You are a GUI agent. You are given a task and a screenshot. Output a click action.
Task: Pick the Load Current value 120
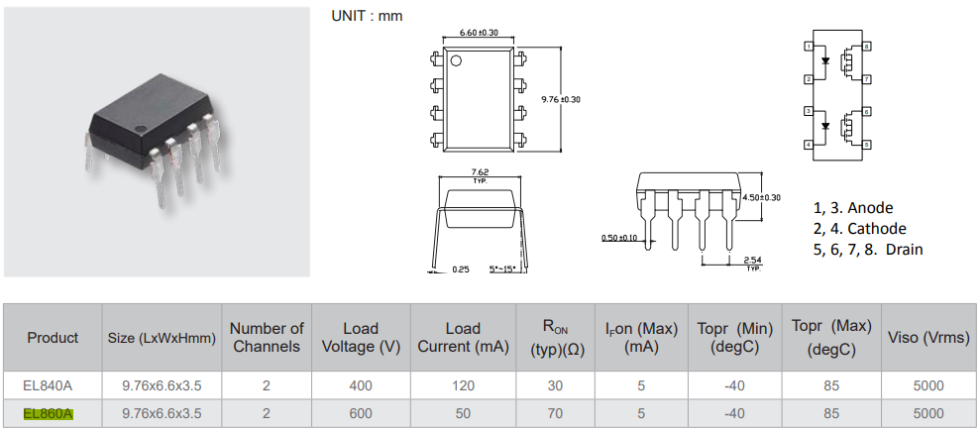462,385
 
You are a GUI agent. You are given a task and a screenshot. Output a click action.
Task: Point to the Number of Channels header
267,337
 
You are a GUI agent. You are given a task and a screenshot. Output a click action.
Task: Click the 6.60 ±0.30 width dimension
479,34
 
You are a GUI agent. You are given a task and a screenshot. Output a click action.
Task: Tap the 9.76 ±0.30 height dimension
560,99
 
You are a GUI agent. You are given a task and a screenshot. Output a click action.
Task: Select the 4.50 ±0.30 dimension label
761,197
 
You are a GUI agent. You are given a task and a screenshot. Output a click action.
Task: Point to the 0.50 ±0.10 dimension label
620,238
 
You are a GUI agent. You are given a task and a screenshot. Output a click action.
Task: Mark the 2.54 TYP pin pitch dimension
752,263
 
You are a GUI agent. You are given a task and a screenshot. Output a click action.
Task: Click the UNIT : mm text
366,15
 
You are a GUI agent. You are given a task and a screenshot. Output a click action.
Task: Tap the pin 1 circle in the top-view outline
457,61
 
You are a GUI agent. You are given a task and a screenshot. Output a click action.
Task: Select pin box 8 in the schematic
866,47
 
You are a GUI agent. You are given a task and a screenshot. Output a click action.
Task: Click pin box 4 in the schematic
809,145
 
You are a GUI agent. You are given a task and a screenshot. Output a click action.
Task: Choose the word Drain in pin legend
904,250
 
